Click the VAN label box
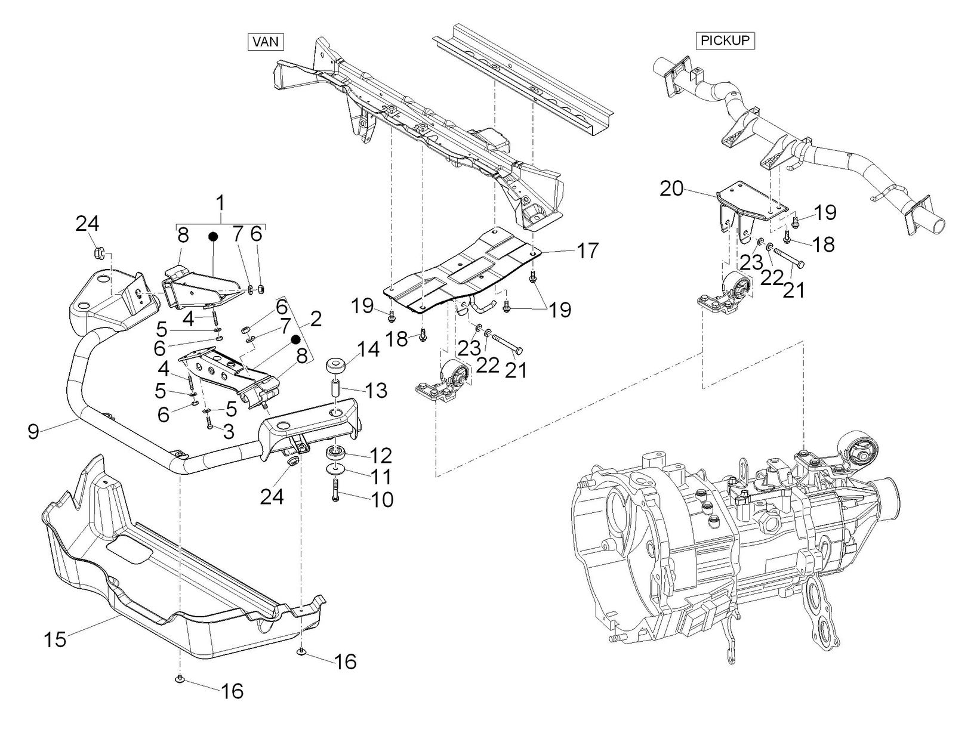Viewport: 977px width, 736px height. pos(265,42)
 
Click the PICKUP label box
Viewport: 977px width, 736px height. pos(725,41)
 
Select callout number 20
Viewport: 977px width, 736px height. pos(671,188)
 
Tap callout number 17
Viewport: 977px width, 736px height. pos(588,251)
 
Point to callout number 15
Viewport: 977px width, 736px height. pos(55,639)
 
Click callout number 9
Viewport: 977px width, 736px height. pos(33,431)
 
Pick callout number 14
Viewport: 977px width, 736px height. pos(368,350)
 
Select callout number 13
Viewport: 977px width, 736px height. pos(376,391)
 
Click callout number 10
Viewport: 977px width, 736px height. pos(381,499)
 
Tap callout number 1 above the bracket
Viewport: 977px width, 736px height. pos(221,203)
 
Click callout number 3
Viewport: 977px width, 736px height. pos(228,431)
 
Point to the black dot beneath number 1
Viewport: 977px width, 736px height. pos(212,237)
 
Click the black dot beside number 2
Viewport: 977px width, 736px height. pos(295,339)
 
